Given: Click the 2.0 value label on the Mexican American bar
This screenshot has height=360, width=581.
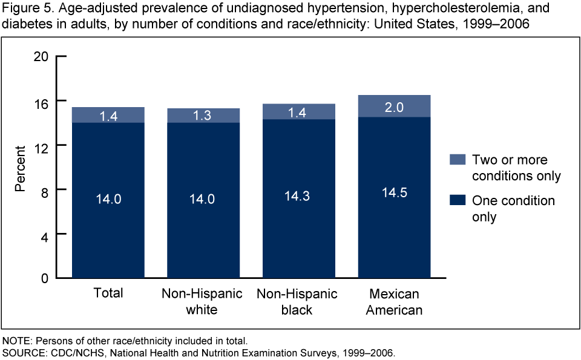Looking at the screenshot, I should click(394, 108).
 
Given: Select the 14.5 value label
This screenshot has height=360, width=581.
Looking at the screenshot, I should click(394, 192).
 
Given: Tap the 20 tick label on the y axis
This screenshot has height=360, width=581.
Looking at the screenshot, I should click(41, 56).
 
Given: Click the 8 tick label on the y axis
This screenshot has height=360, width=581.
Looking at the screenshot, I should click(45, 189).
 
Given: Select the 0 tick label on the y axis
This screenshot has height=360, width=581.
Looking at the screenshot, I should click(45, 278).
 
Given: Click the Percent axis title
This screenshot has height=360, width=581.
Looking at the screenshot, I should click(21, 168).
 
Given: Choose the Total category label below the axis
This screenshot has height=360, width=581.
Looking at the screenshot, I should click(108, 293).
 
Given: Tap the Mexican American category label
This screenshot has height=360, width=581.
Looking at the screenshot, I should click(394, 301).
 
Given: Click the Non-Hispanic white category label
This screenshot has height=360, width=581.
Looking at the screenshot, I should click(202, 301).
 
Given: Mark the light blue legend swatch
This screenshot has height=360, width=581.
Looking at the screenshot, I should click(457, 160).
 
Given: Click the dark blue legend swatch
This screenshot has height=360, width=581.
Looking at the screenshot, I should click(457, 200).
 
